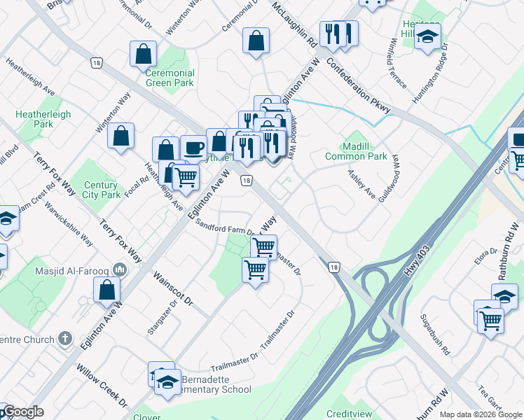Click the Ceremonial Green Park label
coord(170,78)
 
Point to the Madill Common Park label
coord(356,152)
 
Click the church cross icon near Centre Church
coord(65,339)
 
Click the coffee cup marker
coord(193,147)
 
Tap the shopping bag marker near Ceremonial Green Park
coord(143,53)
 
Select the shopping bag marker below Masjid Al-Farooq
coord(106,289)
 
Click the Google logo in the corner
coord(22,412)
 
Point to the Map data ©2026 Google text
coord(481,414)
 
